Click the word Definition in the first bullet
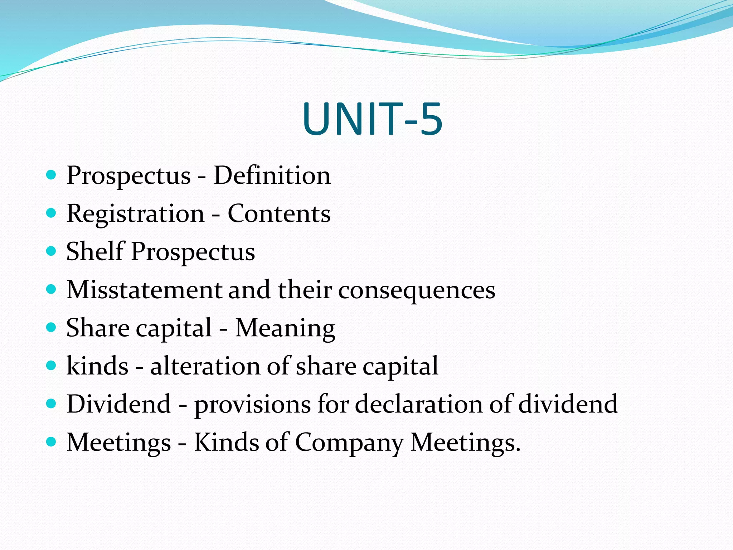point(272,175)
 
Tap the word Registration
point(135,214)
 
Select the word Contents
point(279,214)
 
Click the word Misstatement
point(145,290)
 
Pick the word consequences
point(417,290)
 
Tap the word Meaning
point(285,328)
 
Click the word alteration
point(205,366)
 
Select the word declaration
point(419,404)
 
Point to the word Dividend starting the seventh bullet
point(119,404)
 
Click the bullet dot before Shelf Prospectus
point(52,251)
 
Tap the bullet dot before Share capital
point(52,327)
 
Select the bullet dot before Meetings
point(52,442)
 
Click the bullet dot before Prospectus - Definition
point(52,175)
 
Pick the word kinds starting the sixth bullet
point(97,366)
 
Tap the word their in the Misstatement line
point(305,290)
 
